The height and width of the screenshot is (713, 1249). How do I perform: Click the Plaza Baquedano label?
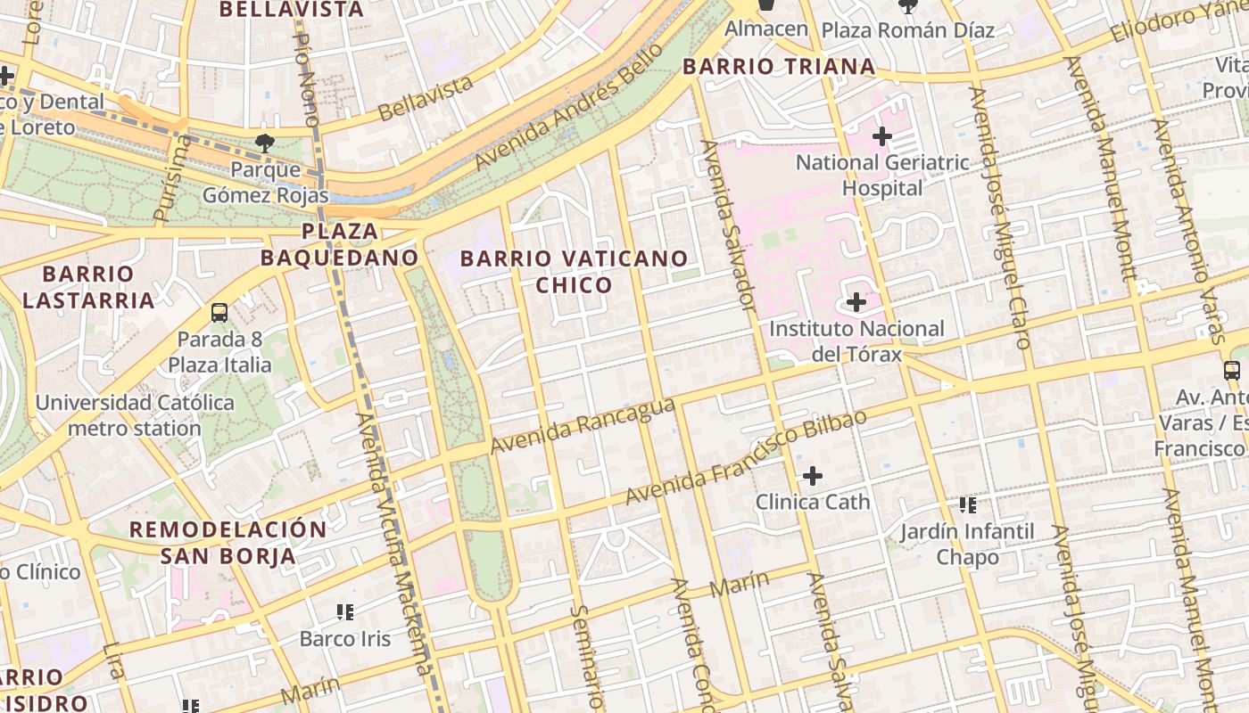coord(339,244)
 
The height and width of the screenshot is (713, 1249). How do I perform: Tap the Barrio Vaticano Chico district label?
coord(574,272)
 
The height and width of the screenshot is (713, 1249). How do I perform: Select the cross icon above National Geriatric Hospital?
coord(882,136)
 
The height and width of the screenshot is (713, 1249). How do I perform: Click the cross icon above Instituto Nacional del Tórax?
coord(856,302)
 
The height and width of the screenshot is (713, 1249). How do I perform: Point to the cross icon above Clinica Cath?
coord(813,476)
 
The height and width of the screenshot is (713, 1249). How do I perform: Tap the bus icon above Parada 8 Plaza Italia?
coord(219,313)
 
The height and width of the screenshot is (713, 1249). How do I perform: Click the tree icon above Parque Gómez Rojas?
coord(264,143)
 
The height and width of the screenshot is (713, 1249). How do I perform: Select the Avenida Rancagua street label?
coord(583,425)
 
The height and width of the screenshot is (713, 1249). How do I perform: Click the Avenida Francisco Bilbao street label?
coord(745,457)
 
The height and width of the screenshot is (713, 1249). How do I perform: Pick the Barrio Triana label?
coord(779,66)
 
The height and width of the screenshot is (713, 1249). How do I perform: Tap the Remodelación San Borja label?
coord(228,542)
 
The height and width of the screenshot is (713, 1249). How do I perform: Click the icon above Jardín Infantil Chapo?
coord(968,505)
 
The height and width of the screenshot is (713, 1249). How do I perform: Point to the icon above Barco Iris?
coord(345,611)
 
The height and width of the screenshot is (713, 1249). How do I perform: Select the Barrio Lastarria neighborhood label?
coord(88,286)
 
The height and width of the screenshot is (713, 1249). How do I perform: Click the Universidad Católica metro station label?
coord(135,415)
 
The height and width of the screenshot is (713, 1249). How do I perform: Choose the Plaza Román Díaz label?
coord(907,30)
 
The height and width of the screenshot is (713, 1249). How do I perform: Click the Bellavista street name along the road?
coord(426,98)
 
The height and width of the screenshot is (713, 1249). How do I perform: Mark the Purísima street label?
coord(172,178)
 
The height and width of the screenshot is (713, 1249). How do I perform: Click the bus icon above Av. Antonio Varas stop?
coord(1232,371)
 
